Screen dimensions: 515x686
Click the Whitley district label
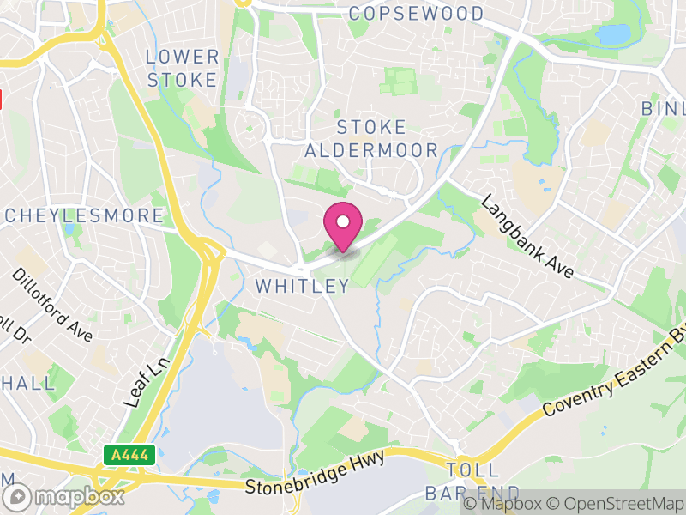(303, 286)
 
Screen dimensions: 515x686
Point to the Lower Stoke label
(183, 69)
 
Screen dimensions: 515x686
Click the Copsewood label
(417, 14)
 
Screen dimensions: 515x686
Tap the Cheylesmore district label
(83, 215)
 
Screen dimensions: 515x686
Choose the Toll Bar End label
(472, 482)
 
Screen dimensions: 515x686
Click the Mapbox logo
(63, 496)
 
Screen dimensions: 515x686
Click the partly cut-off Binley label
(665, 109)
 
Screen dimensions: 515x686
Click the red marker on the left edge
(2, 98)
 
